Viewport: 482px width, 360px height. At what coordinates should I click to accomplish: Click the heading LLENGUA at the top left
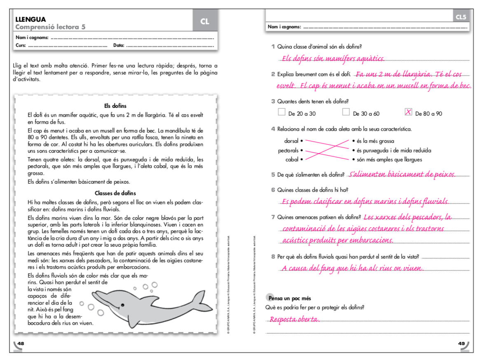30,19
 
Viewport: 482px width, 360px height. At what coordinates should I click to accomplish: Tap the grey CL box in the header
205,21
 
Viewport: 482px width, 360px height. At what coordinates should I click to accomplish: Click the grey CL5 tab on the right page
461,17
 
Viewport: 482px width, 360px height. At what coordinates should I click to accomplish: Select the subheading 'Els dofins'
115,106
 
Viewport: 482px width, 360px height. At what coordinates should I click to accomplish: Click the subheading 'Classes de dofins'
115,193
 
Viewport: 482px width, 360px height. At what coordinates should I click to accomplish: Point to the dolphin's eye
122,305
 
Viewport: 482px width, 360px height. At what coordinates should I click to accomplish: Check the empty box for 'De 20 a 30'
282,112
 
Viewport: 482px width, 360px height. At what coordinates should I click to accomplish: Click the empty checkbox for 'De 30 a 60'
346,112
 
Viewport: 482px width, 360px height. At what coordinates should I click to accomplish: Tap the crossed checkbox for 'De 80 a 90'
409,112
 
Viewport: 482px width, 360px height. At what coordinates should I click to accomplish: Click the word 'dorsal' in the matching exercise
291,141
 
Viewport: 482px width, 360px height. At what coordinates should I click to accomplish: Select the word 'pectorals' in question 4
288,150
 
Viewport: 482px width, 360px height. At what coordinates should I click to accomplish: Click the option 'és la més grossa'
376,141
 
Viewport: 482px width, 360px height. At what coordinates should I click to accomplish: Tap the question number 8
273,257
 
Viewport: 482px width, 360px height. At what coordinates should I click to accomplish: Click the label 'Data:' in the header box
119,45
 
